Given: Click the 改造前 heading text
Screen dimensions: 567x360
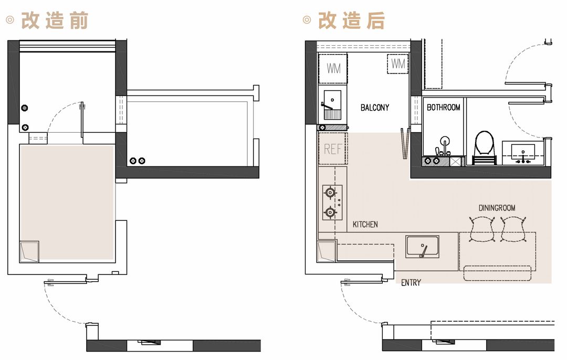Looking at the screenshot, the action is (55, 20).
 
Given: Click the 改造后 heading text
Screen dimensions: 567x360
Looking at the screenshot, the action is (351, 20).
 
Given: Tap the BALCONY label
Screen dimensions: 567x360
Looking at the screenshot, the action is (375, 108).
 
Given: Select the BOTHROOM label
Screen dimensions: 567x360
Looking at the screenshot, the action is (443, 108).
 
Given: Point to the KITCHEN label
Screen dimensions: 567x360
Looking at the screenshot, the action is (365, 225).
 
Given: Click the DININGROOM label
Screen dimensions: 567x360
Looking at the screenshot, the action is (497, 208).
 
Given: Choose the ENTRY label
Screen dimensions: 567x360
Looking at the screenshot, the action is (411, 283).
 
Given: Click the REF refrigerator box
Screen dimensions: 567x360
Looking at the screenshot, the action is (333, 149).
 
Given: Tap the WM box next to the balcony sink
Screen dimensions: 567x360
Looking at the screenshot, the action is (333, 68).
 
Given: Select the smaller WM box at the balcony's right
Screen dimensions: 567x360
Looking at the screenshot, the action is (398, 64).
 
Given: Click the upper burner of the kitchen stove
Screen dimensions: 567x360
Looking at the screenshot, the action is (330, 192).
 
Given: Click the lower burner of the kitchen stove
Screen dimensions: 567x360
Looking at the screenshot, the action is (330, 212).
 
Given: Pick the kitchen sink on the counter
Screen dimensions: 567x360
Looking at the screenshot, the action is (422, 247).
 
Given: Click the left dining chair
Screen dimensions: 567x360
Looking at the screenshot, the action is (481, 229).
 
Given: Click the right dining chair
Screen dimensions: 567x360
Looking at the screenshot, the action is (513, 229).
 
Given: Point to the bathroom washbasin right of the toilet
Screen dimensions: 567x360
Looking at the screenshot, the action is (523, 153).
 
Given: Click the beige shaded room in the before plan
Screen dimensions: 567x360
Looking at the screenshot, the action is (67, 203).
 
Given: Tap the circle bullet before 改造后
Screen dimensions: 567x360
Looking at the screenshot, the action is (307, 20).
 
